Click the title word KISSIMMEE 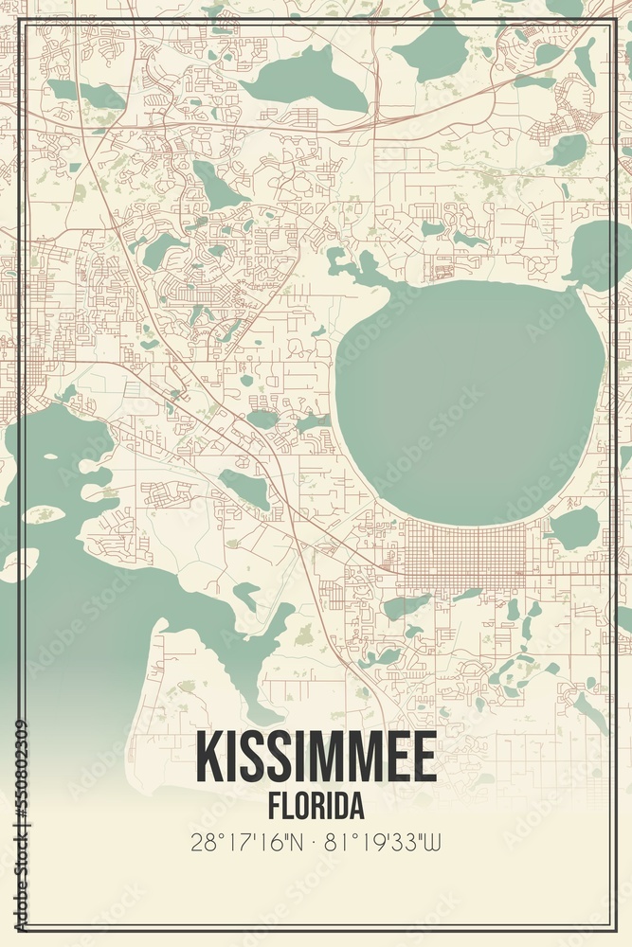coord(316,758)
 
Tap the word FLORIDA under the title coord(316,807)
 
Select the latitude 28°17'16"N coord(248,841)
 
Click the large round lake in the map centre coord(469,398)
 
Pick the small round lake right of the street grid coord(576,527)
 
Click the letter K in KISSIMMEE coord(209,758)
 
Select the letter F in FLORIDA coord(275,807)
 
